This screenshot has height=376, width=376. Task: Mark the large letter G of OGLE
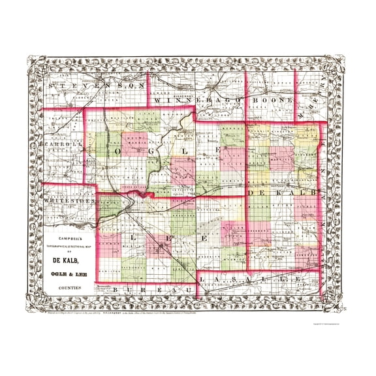point(151,151)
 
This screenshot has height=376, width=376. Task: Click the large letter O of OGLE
point(120,151)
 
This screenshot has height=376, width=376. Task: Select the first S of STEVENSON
point(52,86)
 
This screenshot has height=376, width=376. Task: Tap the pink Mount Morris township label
point(135,139)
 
